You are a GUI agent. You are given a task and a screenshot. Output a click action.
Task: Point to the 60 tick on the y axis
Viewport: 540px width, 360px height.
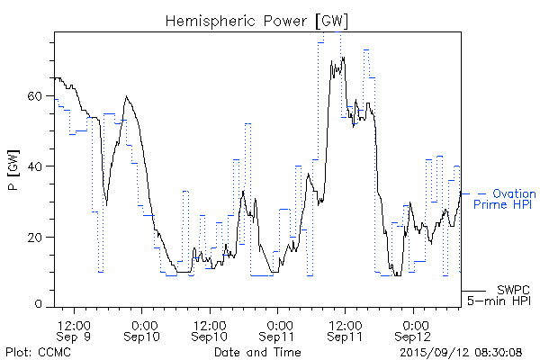coord(39,95)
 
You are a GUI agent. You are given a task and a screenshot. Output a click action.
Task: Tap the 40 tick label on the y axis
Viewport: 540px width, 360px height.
coord(39,166)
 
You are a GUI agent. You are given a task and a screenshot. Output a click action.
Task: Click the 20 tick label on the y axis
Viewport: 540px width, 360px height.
coord(39,237)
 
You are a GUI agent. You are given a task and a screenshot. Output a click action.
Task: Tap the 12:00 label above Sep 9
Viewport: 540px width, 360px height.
coord(74,323)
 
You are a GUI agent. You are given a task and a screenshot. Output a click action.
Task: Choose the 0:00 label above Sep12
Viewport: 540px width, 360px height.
coord(415,323)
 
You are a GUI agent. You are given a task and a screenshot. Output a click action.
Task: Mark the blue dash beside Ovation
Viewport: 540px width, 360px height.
coord(481,193)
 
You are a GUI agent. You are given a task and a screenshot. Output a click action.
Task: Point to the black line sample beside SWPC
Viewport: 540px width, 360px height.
coord(475,292)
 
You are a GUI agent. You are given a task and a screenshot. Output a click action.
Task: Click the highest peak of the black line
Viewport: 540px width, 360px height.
coord(341,58)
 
